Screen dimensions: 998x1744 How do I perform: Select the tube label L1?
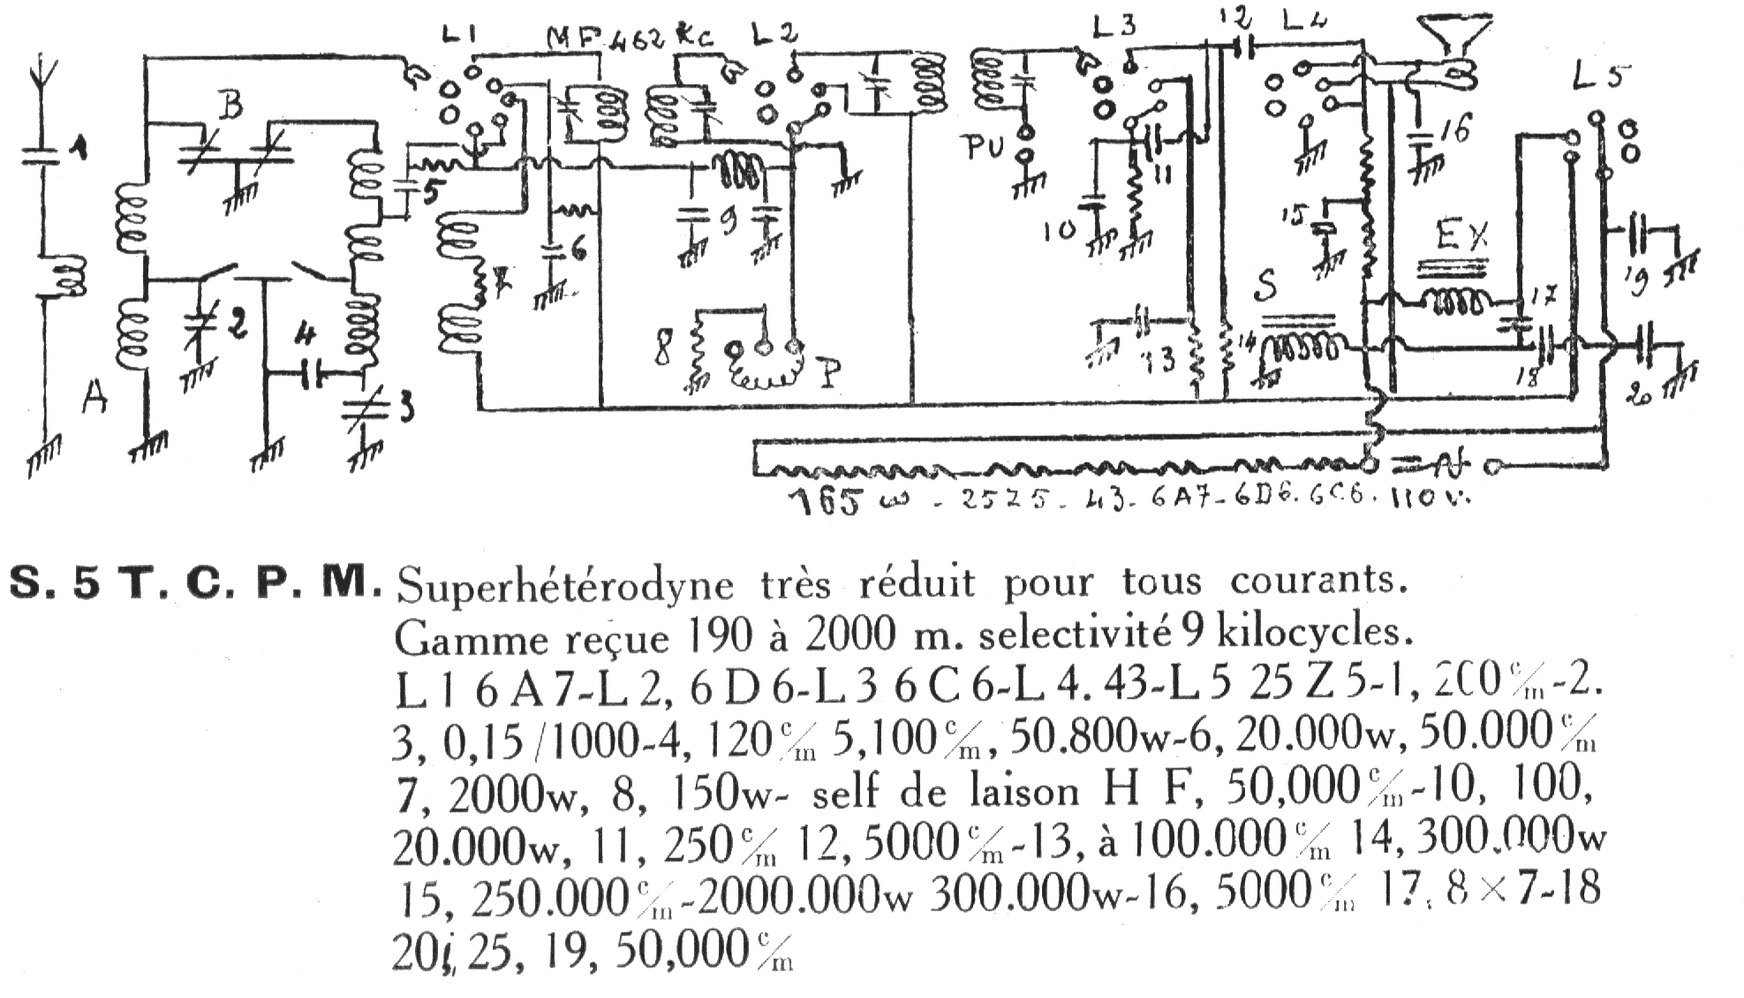(461, 38)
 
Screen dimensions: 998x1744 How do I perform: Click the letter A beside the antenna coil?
(94, 400)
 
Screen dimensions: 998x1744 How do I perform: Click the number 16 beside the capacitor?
(1453, 131)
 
